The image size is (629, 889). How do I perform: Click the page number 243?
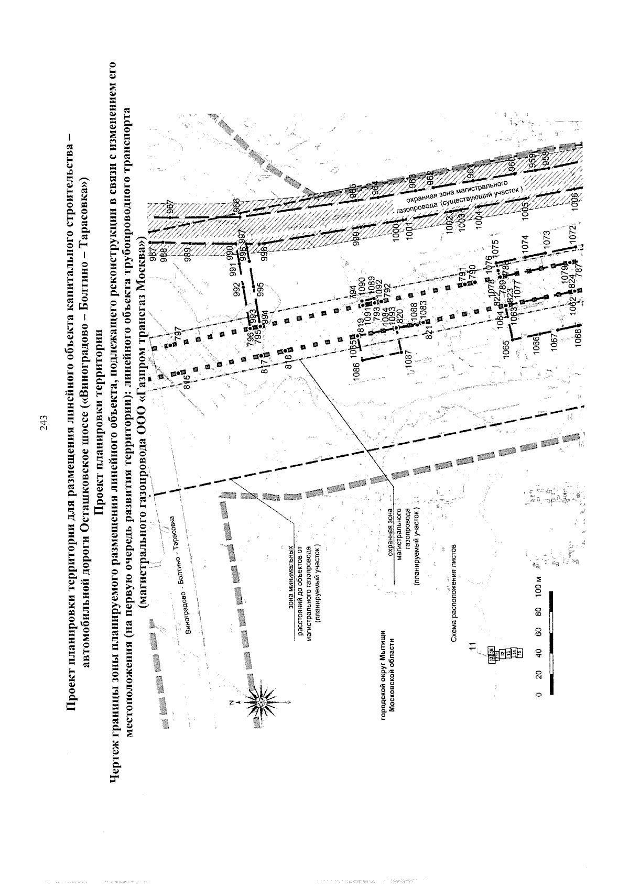point(44,423)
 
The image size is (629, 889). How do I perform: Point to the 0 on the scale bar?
point(538,695)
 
